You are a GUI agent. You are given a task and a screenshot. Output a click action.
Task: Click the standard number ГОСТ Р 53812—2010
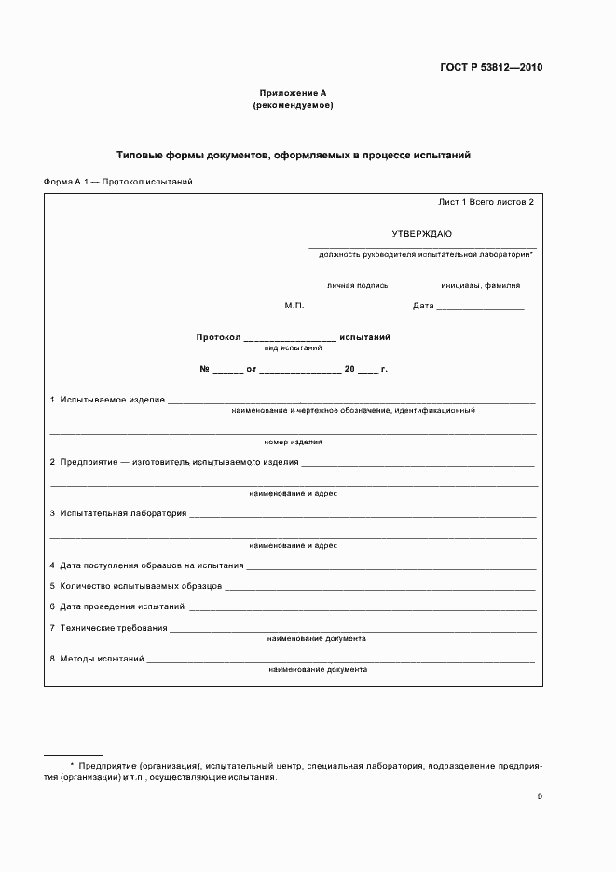coord(491,68)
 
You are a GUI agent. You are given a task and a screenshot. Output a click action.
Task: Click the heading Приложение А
coord(293,93)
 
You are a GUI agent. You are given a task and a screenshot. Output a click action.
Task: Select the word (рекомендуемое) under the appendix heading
coord(293,105)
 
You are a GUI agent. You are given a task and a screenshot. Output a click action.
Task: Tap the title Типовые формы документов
coord(293,155)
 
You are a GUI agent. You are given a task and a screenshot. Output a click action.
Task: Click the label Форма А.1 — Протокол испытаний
coord(118,182)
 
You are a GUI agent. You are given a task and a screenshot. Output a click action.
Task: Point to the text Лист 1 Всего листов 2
coord(486,201)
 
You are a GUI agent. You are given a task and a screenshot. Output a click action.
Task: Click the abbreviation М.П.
coord(294,306)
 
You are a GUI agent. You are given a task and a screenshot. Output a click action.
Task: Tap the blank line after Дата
coord(480,307)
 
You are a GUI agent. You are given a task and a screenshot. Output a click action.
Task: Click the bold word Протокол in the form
coord(218,336)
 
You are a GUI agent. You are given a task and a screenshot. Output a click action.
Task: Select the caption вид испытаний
coord(294,347)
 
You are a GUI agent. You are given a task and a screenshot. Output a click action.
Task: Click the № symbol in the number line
coord(204,370)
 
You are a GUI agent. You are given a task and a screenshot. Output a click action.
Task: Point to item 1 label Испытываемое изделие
coord(112,400)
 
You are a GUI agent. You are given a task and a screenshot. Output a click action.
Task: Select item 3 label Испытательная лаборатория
coord(123,513)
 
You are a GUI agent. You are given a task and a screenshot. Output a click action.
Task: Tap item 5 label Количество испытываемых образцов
coord(141,586)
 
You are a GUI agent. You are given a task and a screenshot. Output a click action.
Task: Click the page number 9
coord(540,797)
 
